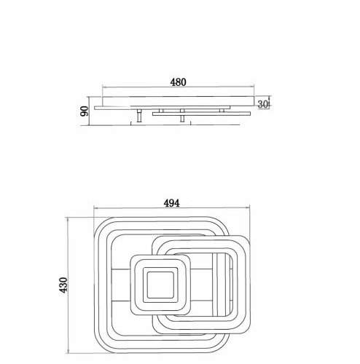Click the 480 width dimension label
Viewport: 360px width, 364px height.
coord(178,82)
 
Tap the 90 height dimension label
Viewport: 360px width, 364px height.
coord(85,111)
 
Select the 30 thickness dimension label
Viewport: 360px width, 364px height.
coord(262,104)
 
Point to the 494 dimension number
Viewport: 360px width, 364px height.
coord(172,203)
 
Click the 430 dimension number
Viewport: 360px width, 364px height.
coord(63,285)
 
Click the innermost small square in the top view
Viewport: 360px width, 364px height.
coord(160,285)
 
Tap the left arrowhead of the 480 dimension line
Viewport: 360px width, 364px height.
coord(104,87)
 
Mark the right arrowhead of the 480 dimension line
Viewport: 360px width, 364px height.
coord(252,87)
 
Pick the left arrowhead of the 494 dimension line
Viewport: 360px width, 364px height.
coord(95,208)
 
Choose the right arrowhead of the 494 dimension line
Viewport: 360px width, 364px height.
coord(248,207)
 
